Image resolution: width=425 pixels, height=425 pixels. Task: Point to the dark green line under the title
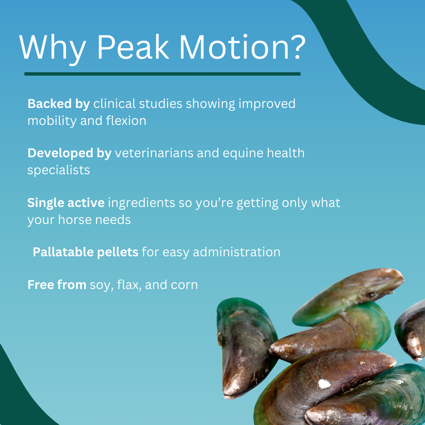tap(162, 74)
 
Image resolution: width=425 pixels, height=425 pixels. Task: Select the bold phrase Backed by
tap(59, 104)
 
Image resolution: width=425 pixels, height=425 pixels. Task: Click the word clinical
tap(114, 104)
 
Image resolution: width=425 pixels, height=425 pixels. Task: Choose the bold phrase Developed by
tap(69, 153)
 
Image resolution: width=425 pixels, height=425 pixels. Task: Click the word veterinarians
tap(154, 153)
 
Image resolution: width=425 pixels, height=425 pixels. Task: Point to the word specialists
tap(59, 170)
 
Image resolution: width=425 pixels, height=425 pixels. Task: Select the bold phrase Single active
tap(66, 203)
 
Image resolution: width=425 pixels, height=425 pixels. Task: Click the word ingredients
tap(142, 203)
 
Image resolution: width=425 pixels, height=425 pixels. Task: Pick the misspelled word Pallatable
tap(63, 252)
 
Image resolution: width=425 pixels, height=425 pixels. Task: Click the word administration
tap(236, 252)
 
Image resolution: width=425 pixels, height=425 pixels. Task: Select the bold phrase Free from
tap(57, 285)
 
